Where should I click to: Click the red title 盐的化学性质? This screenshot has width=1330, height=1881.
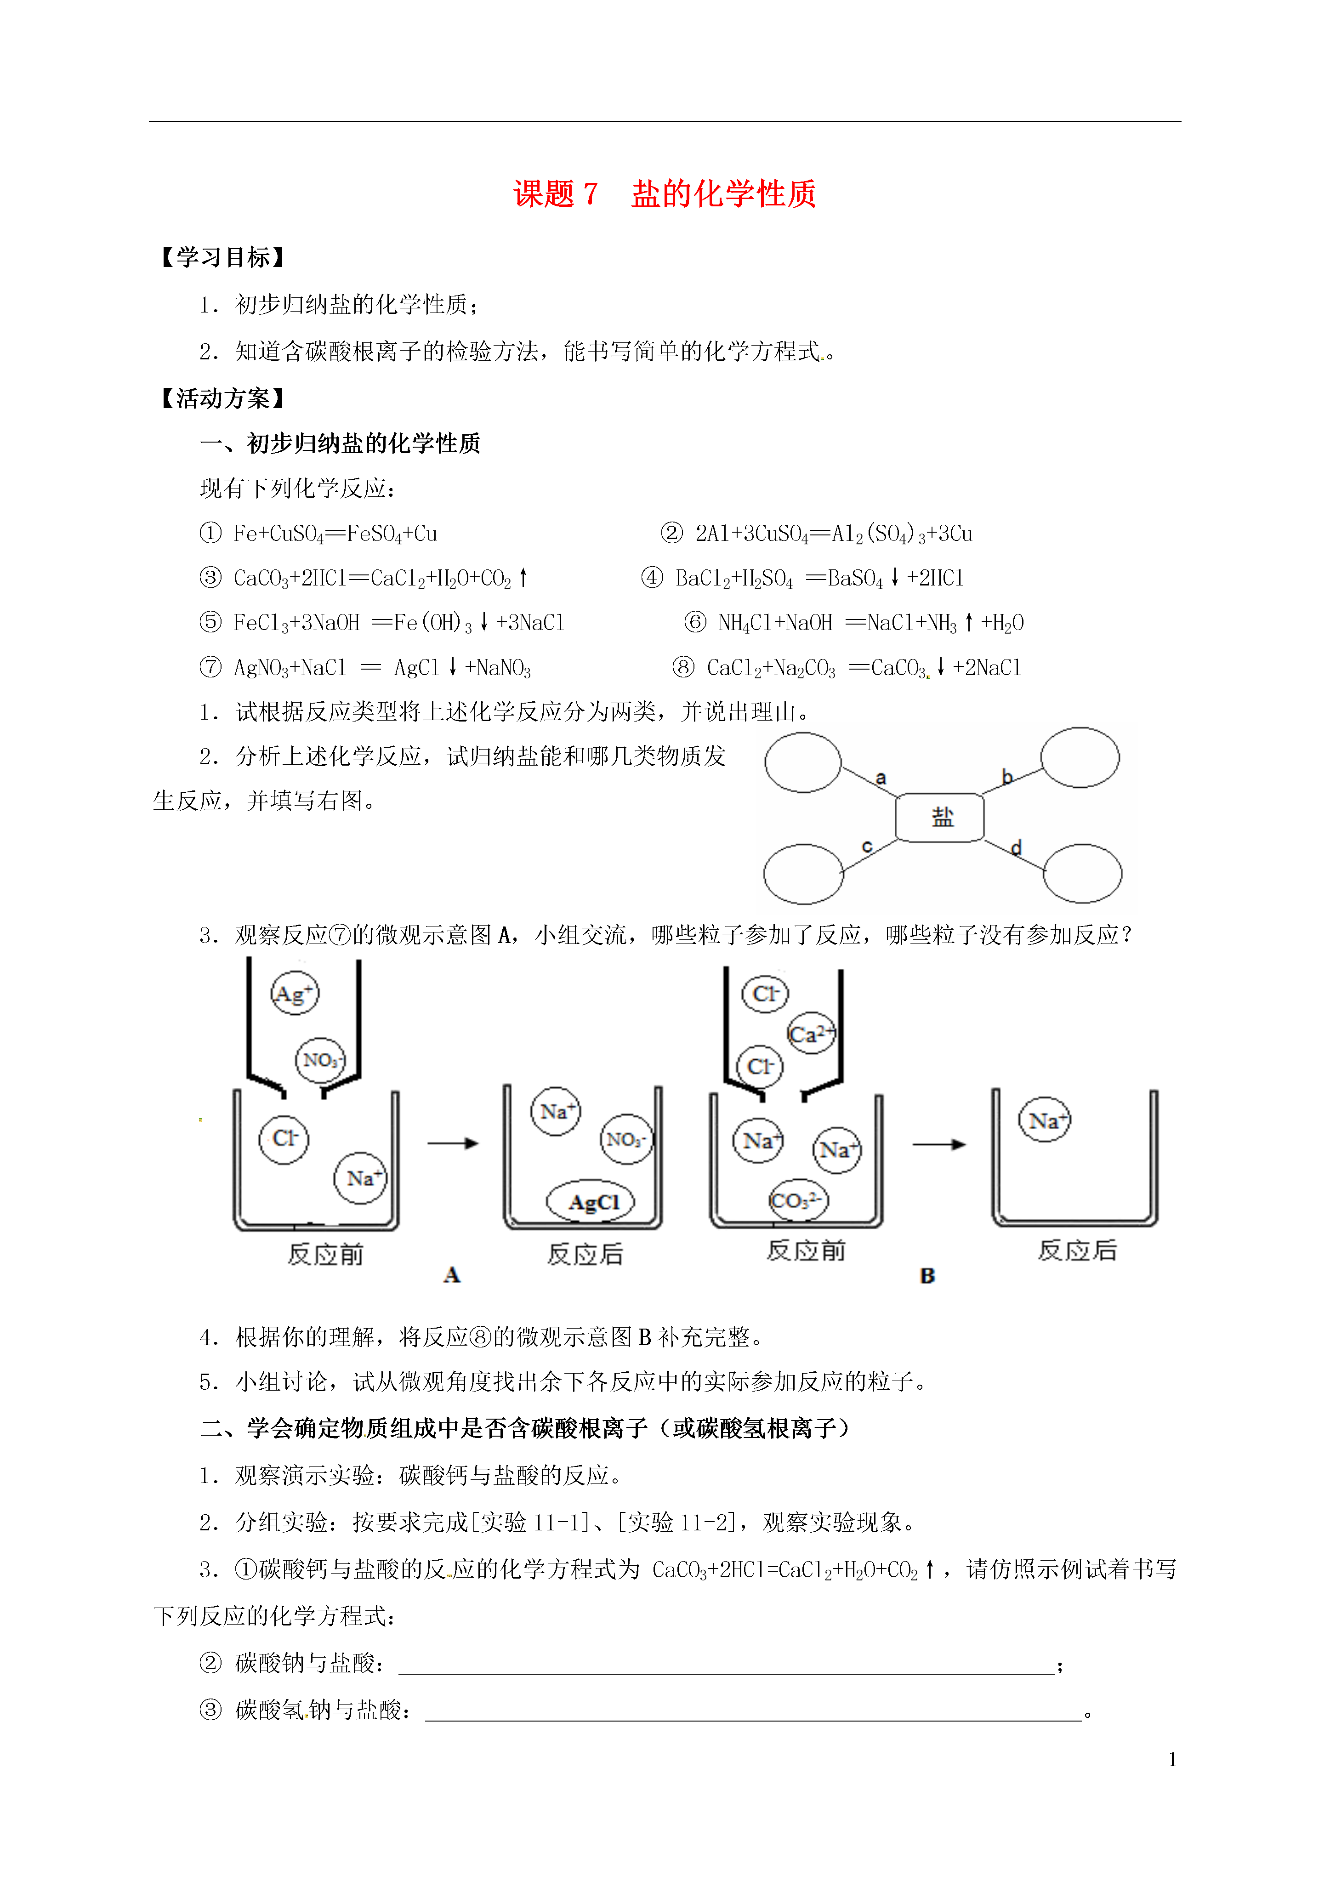(x=723, y=194)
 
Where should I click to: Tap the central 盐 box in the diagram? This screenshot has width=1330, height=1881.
(x=940, y=817)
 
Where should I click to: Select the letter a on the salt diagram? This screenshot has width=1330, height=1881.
(x=881, y=778)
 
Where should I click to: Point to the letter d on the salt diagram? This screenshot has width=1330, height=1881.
(x=1016, y=847)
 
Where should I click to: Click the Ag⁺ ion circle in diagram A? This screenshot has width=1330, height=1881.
(x=294, y=993)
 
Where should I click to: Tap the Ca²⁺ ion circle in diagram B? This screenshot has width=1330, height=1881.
(x=811, y=1034)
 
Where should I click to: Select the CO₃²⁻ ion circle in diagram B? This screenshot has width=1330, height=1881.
(x=798, y=1200)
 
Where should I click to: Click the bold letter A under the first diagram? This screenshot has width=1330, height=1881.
(x=451, y=1275)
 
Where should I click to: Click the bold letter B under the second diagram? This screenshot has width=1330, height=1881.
(x=927, y=1276)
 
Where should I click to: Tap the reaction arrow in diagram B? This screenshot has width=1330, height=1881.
(x=939, y=1144)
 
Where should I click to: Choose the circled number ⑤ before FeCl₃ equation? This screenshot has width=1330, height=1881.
(x=210, y=622)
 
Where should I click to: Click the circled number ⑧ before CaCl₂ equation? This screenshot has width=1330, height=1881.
(x=683, y=667)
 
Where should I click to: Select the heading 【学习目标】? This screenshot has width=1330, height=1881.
(x=221, y=257)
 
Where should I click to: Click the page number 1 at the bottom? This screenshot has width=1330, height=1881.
(x=1173, y=1759)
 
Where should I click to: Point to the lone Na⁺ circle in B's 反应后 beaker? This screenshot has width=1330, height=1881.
(x=1045, y=1120)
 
